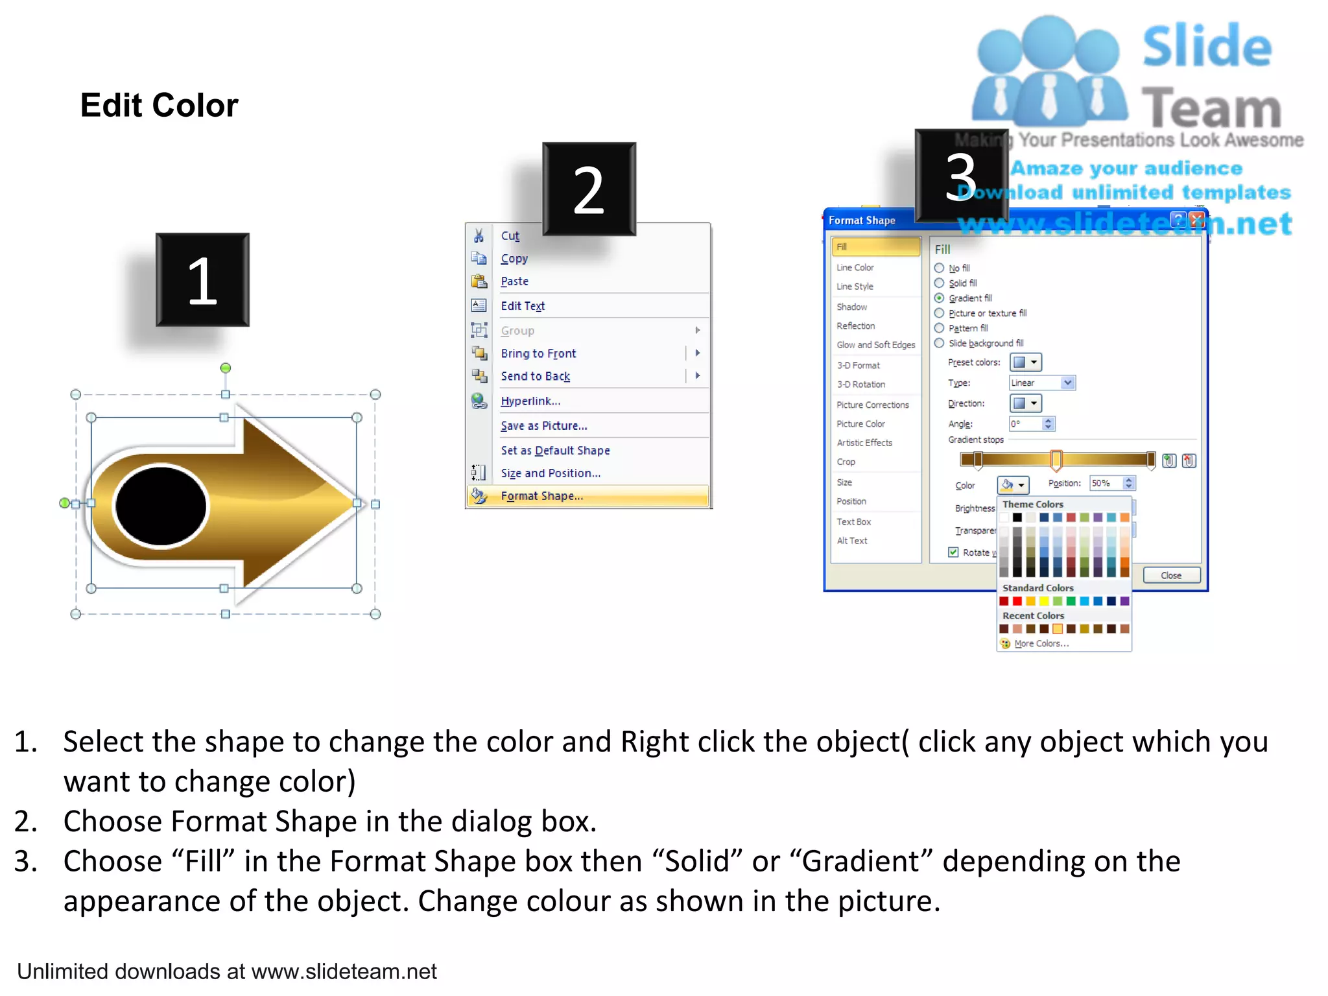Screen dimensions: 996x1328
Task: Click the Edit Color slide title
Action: pyautogui.click(x=159, y=105)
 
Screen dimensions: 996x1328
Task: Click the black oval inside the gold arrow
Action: pyautogui.click(x=161, y=506)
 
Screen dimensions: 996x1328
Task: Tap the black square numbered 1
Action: pyautogui.click(x=202, y=279)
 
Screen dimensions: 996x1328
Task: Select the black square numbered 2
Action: pyautogui.click(x=589, y=189)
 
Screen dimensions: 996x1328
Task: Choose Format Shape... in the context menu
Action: pyautogui.click(x=541, y=496)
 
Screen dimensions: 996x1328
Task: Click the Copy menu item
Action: pyautogui.click(x=514, y=259)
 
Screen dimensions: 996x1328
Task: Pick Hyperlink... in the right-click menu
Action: pyautogui.click(x=530, y=401)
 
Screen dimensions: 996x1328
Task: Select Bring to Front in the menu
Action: pyautogui.click(x=538, y=353)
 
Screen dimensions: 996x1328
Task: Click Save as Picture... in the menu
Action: pyautogui.click(x=544, y=426)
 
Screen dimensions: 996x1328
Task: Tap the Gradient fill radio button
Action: pyautogui.click(x=939, y=298)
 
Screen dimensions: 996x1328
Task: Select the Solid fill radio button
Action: pyautogui.click(x=939, y=283)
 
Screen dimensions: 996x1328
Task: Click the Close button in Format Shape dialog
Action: pyautogui.click(x=1171, y=575)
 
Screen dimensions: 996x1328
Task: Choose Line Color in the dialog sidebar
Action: pyautogui.click(x=855, y=268)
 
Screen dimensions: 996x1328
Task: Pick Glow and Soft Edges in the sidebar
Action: pyautogui.click(x=875, y=345)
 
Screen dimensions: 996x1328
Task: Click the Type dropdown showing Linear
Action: pyautogui.click(x=1042, y=383)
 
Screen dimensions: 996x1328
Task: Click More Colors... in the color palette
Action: pyautogui.click(x=1041, y=644)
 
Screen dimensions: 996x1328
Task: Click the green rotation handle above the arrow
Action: pyautogui.click(x=226, y=368)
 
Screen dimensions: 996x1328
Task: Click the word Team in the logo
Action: pyautogui.click(x=1211, y=108)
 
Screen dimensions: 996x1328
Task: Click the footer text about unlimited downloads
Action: pyautogui.click(x=227, y=971)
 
